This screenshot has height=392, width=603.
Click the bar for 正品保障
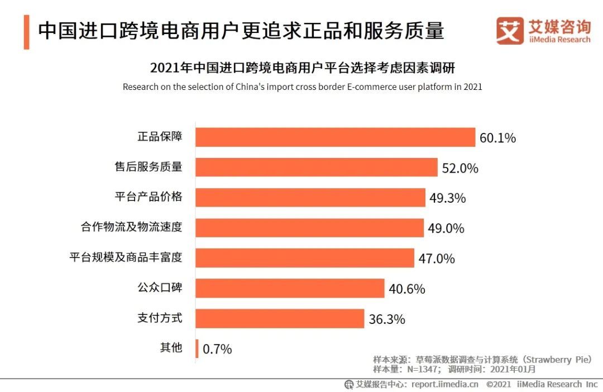pyautogui.click(x=335, y=137)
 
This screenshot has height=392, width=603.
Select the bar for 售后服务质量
pyautogui.click(x=316, y=168)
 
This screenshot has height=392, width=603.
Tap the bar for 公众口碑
pyautogui.click(x=290, y=288)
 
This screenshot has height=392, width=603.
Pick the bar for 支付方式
pyautogui.click(x=280, y=318)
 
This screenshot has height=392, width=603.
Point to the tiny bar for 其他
pyautogui.click(x=197, y=348)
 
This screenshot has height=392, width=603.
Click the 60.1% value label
pyautogui.click(x=497, y=138)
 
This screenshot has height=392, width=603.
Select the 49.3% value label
pyautogui.click(x=447, y=198)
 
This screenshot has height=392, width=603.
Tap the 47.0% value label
pyautogui.click(x=437, y=259)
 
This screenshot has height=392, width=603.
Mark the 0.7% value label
pyautogui.click(x=217, y=350)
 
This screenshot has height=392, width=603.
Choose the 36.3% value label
pyautogui.click(x=387, y=319)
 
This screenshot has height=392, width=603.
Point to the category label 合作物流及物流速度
pyautogui.click(x=131, y=227)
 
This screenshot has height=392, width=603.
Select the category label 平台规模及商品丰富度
pyautogui.click(x=126, y=257)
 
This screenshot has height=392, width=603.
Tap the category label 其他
pyautogui.click(x=171, y=347)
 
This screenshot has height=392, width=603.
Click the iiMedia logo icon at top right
pyautogui.click(x=510, y=31)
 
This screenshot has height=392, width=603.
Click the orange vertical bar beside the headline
pyautogui.click(x=26, y=32)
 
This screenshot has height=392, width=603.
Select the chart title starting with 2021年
pyautogui.click(x=302, y=68)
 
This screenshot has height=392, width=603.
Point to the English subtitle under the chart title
pyautogui.click(x=302, y=87)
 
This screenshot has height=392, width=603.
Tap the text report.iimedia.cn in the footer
pyautogui.click(x=444, y=384)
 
